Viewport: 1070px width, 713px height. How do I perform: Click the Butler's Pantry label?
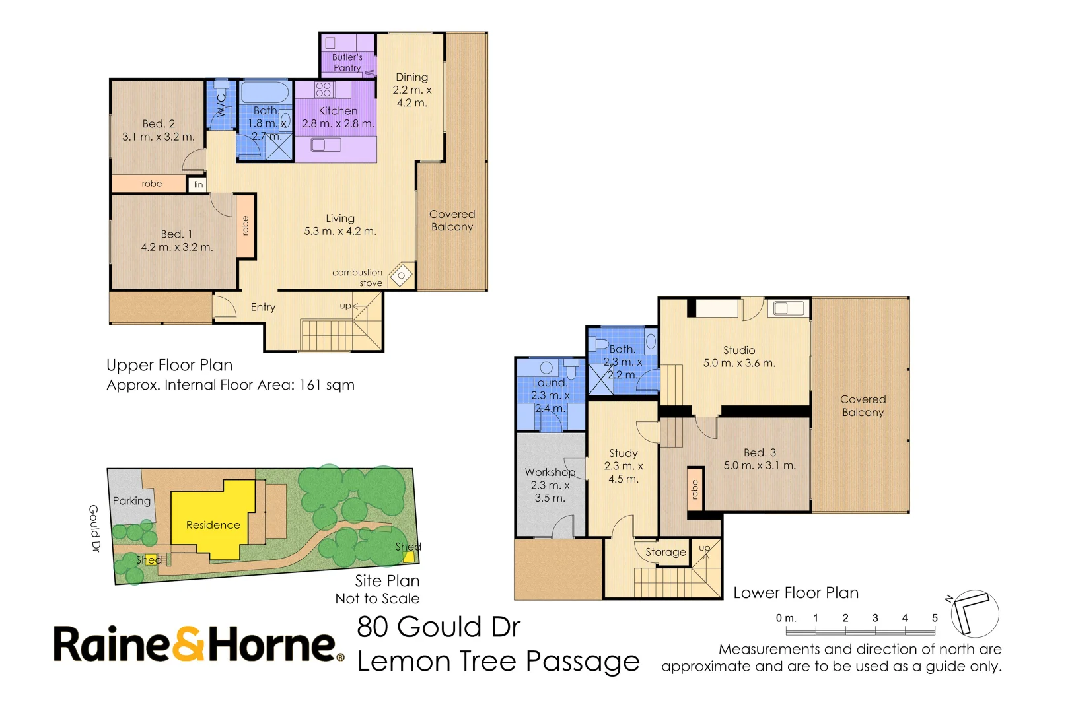347,63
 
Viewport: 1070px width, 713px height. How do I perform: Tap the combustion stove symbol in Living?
402,275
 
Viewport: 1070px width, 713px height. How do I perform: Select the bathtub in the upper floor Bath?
265,92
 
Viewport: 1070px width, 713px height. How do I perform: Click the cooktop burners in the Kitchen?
324,89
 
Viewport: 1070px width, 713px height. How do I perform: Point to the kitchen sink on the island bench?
326,144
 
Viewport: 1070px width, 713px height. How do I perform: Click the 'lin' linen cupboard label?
198,184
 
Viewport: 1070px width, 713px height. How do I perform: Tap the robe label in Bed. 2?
151,184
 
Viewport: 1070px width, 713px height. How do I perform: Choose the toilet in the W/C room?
221,89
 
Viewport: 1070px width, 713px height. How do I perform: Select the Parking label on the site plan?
131,501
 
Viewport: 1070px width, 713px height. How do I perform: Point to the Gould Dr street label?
94,528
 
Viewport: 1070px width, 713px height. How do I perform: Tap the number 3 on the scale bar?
875,617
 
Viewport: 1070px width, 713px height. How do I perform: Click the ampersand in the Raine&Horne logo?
188,643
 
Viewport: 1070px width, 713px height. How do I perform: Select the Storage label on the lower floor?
665,552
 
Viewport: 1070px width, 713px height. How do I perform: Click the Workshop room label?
550,472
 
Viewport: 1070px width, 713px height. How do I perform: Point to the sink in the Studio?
789,308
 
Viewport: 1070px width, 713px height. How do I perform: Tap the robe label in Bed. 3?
695,489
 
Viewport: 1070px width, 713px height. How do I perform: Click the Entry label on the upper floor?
263,307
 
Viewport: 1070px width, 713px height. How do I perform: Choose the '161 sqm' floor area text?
327,385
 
